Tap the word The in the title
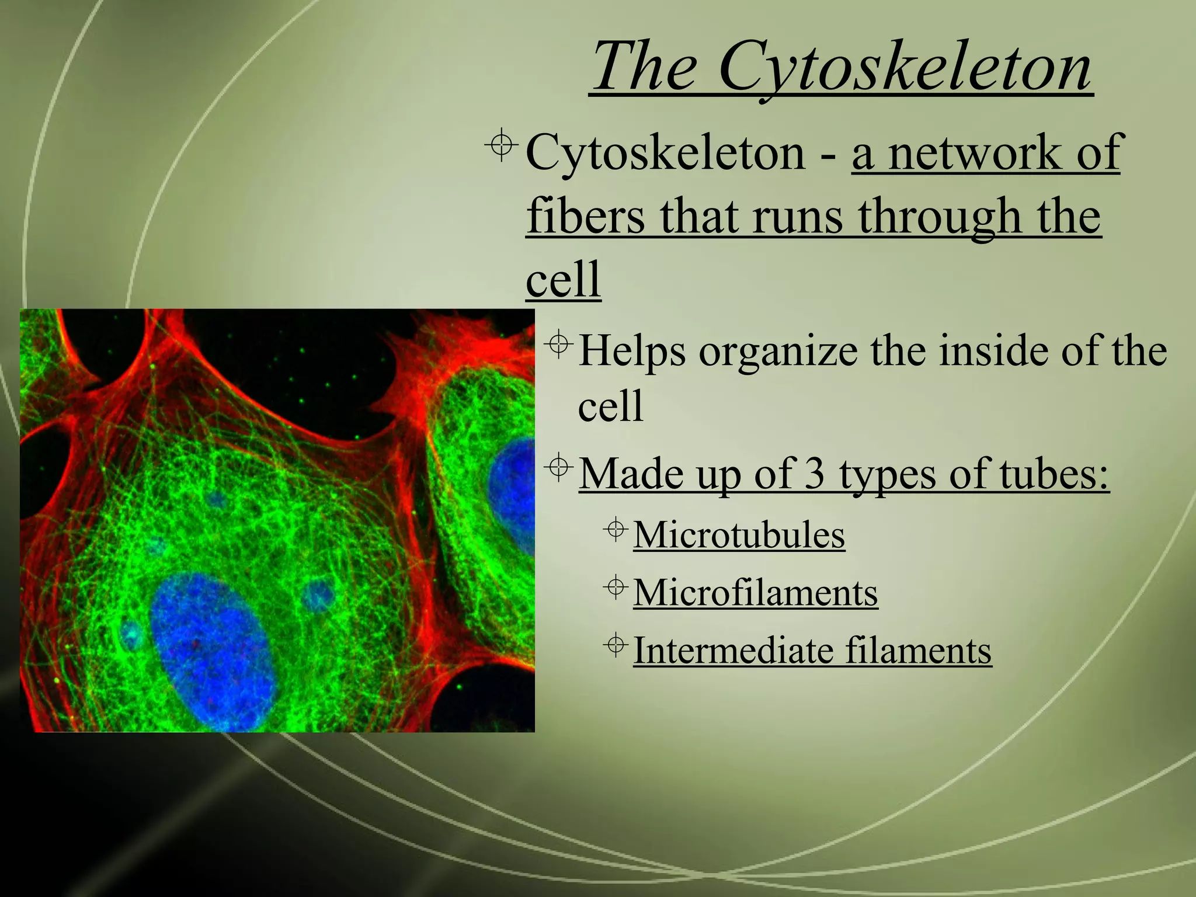click(x=645, y=67)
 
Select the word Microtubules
click(x=739, y=534)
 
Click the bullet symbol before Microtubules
click(x=616, y=529)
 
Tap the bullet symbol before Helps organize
click(x=559, y=344)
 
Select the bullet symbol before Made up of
click(x=559, y=467)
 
